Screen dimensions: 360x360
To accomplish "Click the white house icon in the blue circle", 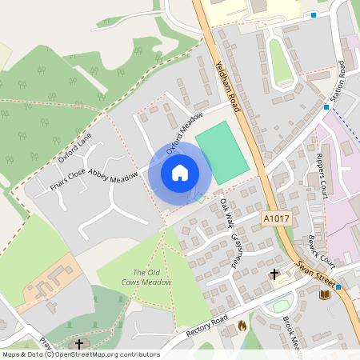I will coord(180,173).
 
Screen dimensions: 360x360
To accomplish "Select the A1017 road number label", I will coord(274,215).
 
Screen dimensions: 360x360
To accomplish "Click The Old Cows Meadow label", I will coord(152,277).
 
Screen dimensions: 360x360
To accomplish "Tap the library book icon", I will coord(325,295).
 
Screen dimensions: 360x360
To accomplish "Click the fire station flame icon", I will coord(242,326).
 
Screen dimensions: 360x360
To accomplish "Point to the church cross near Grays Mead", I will coord(274,274).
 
